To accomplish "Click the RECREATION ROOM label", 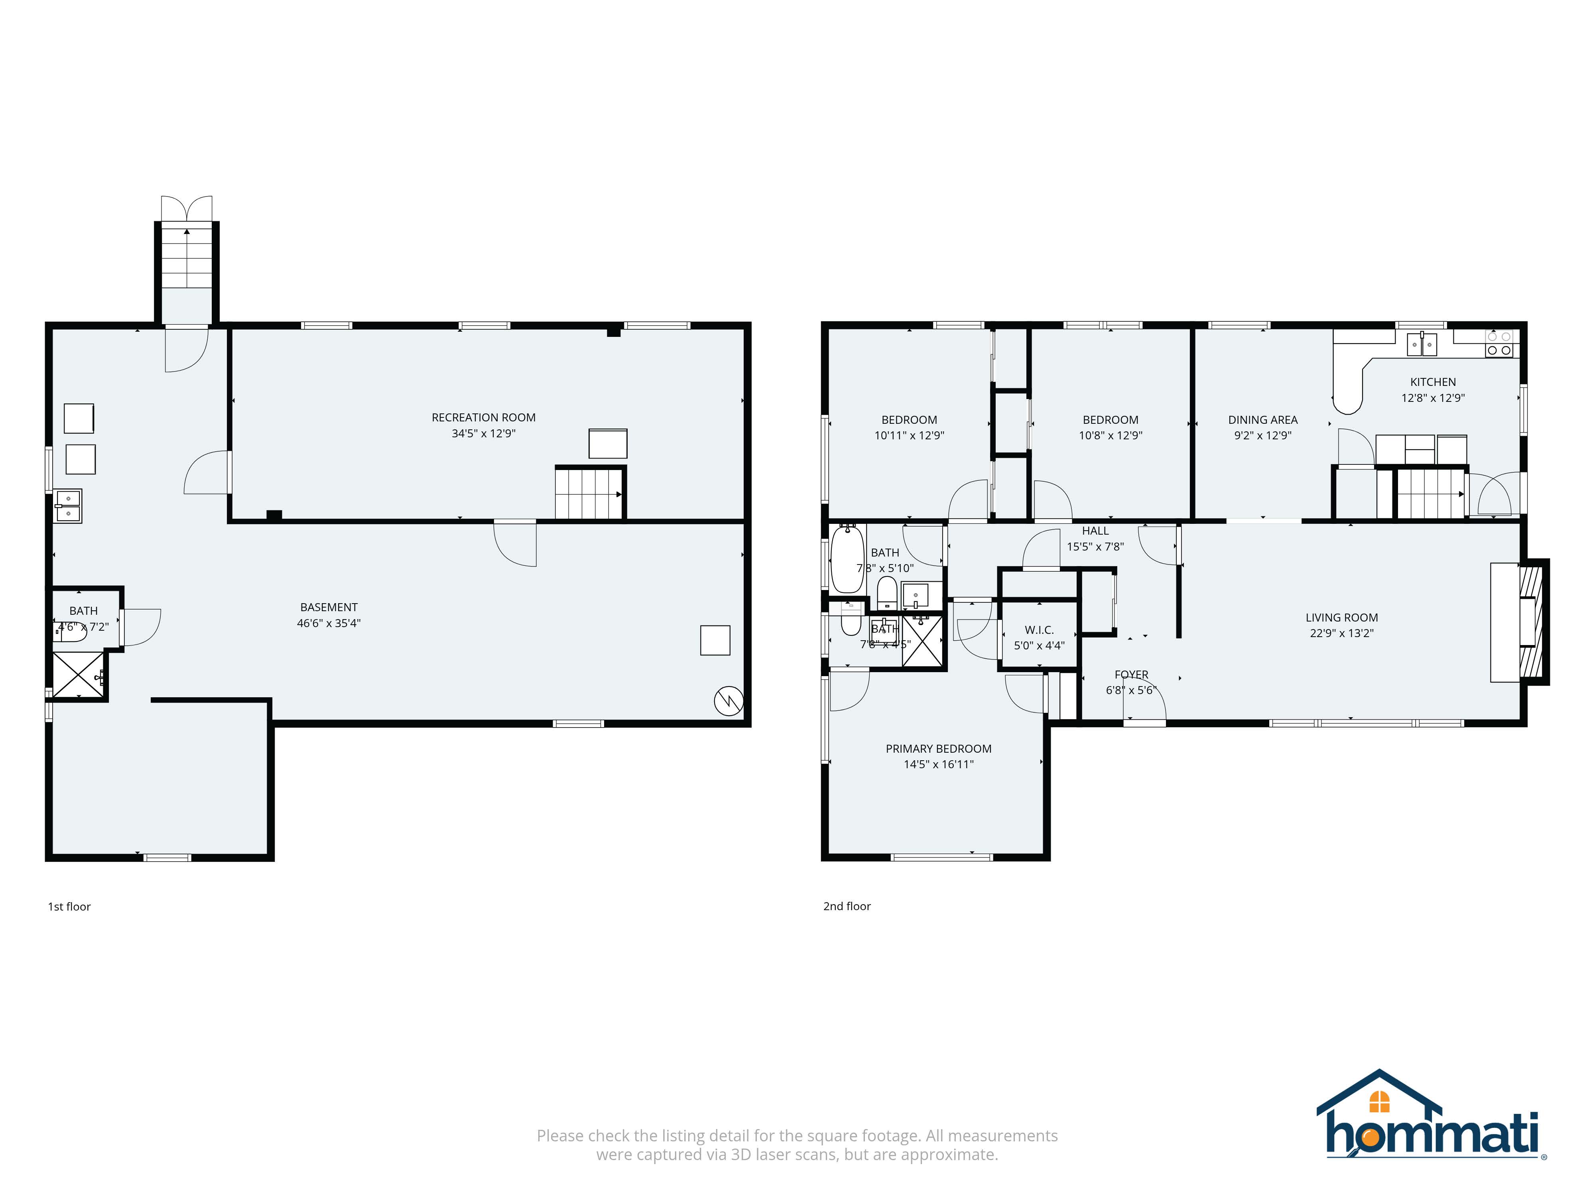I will point(483,417).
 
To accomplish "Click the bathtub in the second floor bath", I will point(847,559).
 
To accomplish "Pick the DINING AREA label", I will point(1262,419).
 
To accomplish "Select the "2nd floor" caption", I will point(847,906).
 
